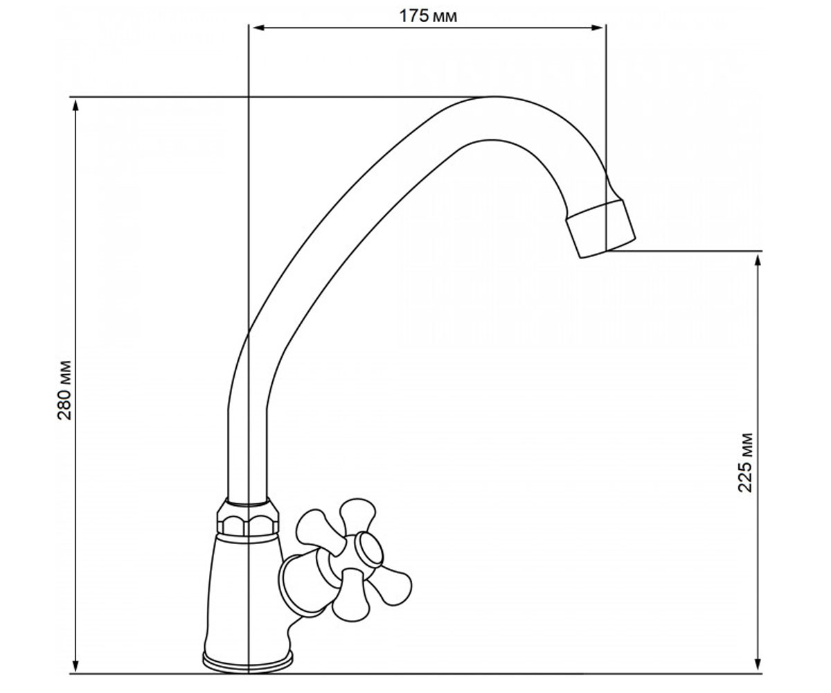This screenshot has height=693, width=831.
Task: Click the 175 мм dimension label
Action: tap(428, 16)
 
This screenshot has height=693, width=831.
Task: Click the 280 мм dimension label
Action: tap(64, 390)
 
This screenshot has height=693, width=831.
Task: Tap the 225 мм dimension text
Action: tap(745, 463)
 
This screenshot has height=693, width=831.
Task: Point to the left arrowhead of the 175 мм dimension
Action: tap(259, 28)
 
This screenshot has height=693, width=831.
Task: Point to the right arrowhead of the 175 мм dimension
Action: tap(597, 28)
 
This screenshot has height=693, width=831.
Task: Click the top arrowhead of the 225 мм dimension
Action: tap(758, 261)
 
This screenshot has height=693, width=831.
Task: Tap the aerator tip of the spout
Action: tap(601, 229)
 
